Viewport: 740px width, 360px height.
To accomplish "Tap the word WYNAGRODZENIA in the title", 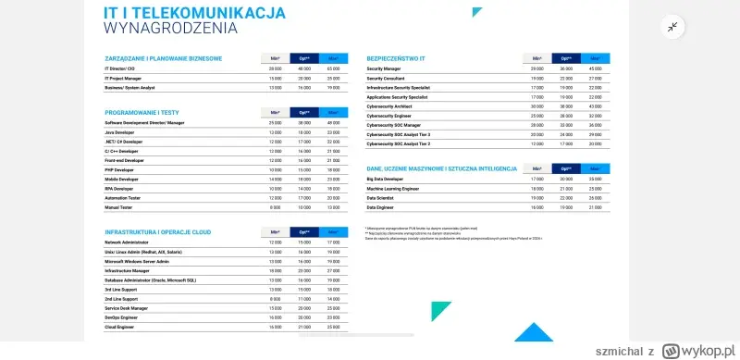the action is [170, 28].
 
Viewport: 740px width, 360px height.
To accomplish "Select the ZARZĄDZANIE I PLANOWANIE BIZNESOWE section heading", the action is [164, 57].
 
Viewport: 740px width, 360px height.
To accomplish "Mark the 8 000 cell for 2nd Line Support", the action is [275, 298].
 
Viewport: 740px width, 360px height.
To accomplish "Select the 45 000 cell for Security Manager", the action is [597, 68].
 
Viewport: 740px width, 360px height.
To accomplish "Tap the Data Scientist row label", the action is [384, 198].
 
